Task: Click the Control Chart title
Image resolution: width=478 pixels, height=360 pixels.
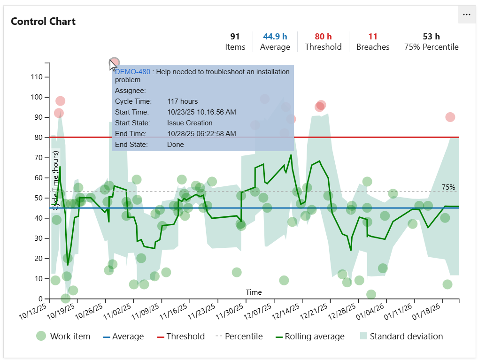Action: (43, 22)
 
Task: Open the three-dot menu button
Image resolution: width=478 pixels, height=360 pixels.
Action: (466, 15)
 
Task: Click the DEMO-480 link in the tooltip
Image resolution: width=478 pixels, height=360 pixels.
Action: (132, 72)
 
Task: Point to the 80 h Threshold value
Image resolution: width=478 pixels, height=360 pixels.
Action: (323, 37)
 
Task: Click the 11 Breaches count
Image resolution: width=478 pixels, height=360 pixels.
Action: (373, 37)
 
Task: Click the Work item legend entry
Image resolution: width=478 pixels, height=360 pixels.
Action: (63, 336)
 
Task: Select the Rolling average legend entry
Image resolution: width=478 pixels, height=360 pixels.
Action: (309, 336)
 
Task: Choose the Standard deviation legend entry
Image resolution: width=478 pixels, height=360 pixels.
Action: (401, 336)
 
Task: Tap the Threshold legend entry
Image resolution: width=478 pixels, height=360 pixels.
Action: (181, 336)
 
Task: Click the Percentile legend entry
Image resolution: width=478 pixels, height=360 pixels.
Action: (239, 336)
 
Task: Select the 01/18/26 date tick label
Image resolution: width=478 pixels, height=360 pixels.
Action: (427, 312)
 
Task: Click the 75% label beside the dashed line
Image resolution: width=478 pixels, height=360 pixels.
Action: (448, 187)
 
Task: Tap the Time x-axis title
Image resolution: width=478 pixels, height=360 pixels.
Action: (254, 292)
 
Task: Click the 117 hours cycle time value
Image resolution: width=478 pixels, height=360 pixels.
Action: (183, 101)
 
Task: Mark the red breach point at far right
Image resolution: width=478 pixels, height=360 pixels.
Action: (450, 117)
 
